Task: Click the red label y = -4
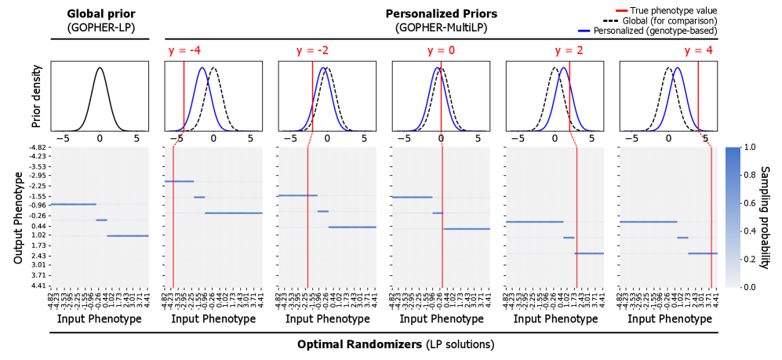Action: [184, 51]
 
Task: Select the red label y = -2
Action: [312, 51]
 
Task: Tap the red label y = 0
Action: [441, 51]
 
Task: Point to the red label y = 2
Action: [569, 51]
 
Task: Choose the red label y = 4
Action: [698, 51]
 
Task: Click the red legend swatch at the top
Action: [621, 11]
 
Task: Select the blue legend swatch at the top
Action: [584, 31]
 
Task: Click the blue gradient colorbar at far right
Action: [733, 216]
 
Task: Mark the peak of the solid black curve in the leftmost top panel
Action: [100, 68]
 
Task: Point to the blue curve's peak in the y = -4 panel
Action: [202, 68]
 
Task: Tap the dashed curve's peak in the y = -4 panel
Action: [213, 68]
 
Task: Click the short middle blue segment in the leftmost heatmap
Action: [101, 220]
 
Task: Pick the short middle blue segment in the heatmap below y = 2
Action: [569, 238]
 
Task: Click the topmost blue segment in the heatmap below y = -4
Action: [179, 181]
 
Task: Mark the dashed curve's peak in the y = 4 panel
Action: [669, 68]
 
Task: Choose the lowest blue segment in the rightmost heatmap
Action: [703, 253]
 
